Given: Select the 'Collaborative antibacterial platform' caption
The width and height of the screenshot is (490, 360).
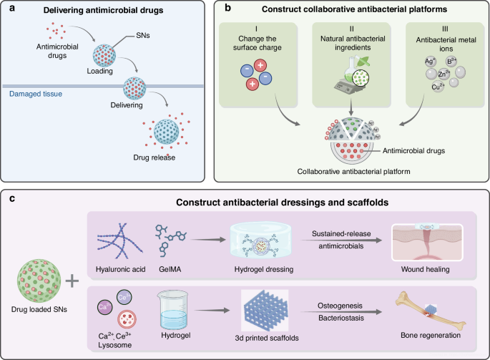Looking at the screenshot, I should (x=351, y=172).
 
